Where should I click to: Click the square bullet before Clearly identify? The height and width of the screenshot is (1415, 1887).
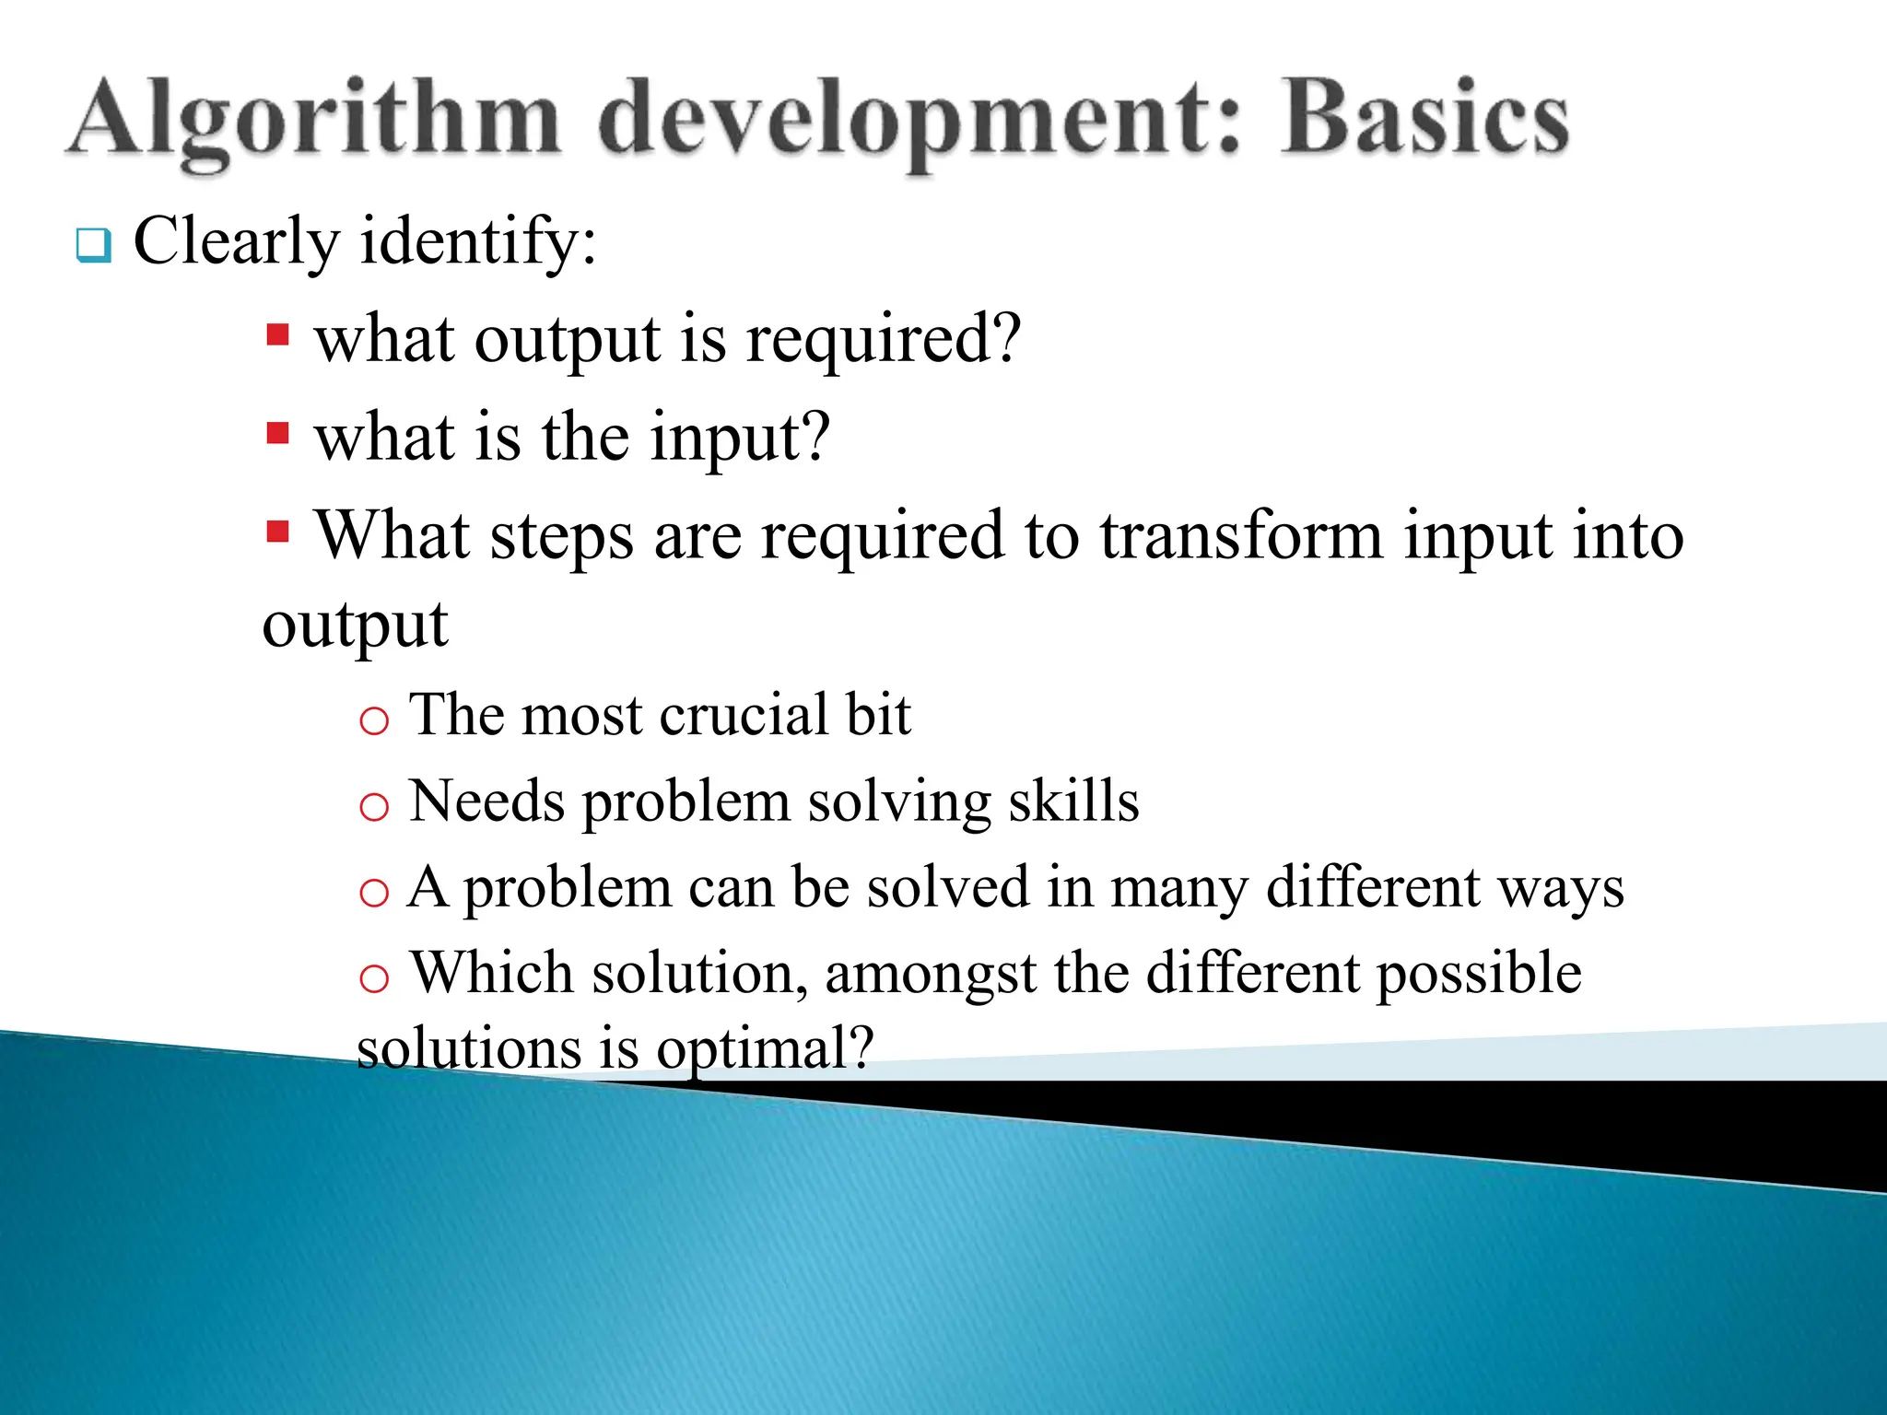93,245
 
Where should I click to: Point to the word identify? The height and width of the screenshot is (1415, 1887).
478,242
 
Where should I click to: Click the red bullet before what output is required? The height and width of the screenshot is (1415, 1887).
277,333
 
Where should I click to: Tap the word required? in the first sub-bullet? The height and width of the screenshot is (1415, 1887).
884,341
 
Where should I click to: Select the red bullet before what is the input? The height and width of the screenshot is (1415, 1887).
277,432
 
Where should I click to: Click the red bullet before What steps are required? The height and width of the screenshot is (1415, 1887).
277,531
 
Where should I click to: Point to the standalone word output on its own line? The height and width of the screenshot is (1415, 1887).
355,627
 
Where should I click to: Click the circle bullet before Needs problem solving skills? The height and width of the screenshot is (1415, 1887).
374,808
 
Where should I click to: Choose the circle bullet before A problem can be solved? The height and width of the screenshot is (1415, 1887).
374,893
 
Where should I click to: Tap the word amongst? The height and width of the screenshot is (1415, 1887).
931,975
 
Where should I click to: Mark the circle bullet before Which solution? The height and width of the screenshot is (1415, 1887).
374,978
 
